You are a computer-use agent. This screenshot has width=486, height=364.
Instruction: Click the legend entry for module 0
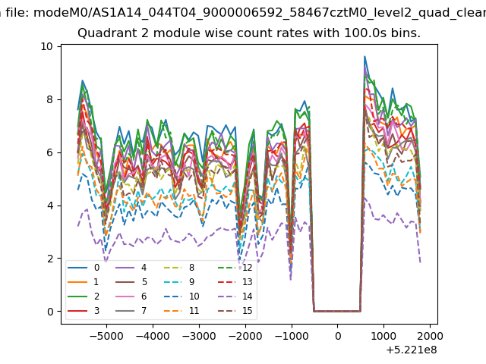tap(84, 268)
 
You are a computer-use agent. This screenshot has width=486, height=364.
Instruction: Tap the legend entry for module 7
tap(131, 310)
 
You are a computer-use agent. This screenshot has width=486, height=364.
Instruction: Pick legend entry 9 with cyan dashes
tap(178, 281)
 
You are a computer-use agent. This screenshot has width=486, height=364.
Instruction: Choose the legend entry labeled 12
tap(235, 268)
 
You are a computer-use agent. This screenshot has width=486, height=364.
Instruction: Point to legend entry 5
tap(131, 281)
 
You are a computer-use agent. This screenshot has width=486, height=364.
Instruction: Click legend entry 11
tap(181, 310)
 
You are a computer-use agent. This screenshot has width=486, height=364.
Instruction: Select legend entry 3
tap(84, 310)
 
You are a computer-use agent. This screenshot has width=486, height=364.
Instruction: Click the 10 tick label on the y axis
tap(46, 46)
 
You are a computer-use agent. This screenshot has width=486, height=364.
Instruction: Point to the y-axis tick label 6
tap(50, 152)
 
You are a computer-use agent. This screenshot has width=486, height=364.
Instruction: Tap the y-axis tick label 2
tap(50, 259)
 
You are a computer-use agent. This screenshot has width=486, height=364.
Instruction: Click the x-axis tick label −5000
tap(106, 336)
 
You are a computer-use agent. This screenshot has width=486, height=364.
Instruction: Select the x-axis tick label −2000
tap(245, 336)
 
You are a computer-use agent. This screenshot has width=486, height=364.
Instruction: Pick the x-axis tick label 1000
tap(383, 336)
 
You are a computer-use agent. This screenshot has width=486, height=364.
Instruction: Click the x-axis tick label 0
tap(337, 336)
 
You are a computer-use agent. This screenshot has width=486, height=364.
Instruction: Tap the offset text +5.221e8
tap(412, 350)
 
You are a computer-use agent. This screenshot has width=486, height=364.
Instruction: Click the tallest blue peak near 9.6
tap(364, 57)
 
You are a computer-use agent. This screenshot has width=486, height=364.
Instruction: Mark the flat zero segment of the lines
tap(337, 311)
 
